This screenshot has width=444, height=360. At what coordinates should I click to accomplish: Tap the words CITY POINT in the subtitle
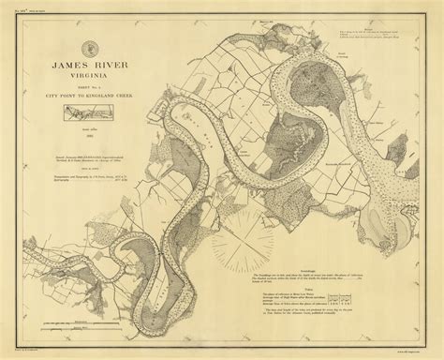[60, 95]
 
